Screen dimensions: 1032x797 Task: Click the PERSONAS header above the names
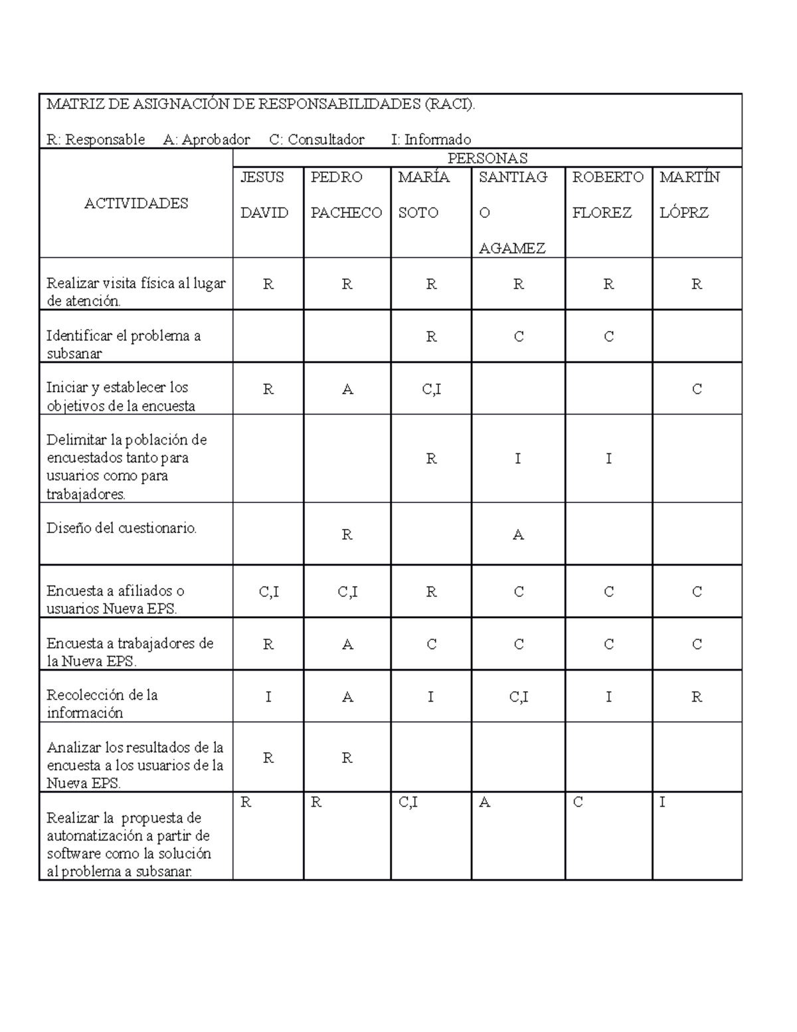tap(487, 158)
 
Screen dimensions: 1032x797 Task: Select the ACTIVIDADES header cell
tap(136, 203)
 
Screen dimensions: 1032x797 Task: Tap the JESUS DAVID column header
tap(264, 195)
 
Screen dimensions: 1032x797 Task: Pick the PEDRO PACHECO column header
tap(346, 195)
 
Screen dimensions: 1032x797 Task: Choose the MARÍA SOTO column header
tap(424, 195)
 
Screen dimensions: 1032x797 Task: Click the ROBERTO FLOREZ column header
tap(608, 195)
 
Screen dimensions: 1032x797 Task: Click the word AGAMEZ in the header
tap(512, 249)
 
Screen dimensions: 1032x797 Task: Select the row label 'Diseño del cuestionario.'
tap(122, 528)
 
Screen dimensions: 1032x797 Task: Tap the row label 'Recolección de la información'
tap(102, 704)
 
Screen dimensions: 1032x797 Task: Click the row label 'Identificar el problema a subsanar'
tap(124, 344)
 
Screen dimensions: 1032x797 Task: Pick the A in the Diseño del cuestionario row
tap(518, 535)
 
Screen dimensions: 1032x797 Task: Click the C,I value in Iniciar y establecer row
tap(431, 389)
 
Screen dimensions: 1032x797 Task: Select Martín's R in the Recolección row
tap(696, 697)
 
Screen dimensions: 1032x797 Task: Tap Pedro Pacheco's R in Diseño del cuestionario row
tap(347, 535)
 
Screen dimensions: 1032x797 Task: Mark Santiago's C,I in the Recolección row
tap(518, 697)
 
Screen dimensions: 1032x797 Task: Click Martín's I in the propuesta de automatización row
tap(662, 803)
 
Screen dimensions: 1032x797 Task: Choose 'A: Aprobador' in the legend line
tap(207, 140)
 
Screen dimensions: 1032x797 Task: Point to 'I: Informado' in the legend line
tap(431, 140)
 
